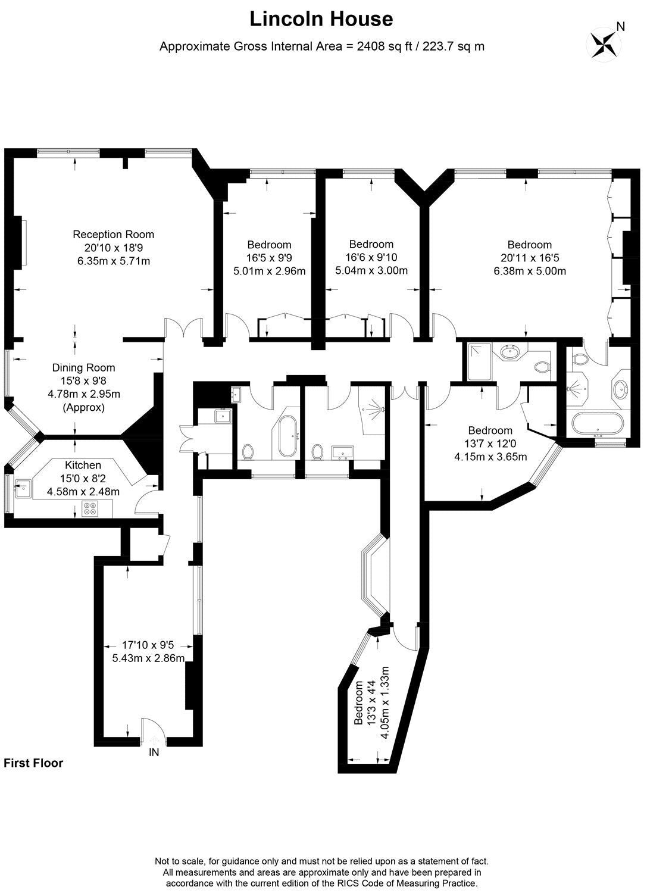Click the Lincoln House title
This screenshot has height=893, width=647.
(x=321, y=19)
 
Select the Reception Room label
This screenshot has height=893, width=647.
(x=113, y=235)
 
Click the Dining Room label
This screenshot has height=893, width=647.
(x=83, y=367)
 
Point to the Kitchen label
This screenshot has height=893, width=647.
(x=83, y=465)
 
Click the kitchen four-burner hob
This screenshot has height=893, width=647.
(x=88, y=508)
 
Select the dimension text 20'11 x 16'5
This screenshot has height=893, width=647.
(x=529, y=258)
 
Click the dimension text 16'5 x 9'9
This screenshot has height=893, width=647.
(x=269, y=258)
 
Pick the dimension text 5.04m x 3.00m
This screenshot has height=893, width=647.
(x=371, y=271)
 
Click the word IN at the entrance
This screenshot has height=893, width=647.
(x=154, y=753)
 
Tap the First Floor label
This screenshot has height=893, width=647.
(x=33, y=763)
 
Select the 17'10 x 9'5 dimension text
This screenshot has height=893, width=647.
(x=148, y=645)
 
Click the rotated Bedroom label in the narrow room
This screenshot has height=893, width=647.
(x=358, y=703)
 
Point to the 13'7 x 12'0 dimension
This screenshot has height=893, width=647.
(x=490, y=444)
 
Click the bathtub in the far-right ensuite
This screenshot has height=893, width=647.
(x=598, y=423)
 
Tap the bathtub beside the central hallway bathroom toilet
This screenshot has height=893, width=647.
(x=287, y=437)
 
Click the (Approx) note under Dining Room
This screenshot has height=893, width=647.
(x=84, y=407)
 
